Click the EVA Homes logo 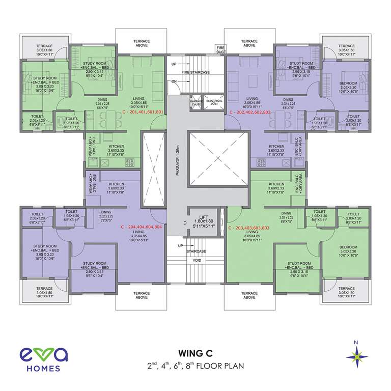pos(40,359)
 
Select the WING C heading pos(195,353)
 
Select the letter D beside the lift pos(178,223)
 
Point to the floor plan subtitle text pos(195,366)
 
